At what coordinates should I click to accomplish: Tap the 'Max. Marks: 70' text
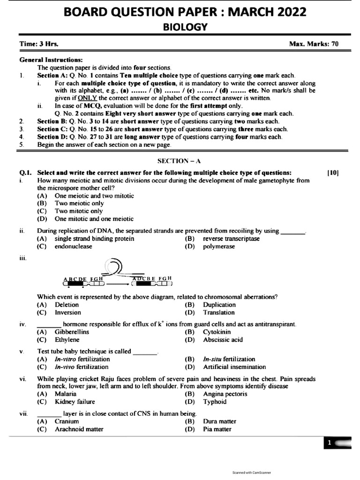pyautogui.click(x=314, y=44)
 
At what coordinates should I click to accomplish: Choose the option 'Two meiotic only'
pyautogui.click(x=79, y=203)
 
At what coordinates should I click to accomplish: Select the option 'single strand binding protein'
pyautogui.click(x=94, y=239)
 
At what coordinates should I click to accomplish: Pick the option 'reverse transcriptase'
pyautogui.click(x=231, y=239)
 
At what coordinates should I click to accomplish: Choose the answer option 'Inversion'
pyautogui.click(x=68, y=312)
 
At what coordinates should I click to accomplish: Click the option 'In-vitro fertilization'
pyautogui.click(x=82, y=359)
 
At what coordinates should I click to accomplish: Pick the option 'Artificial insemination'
pyautogui.click(x=234, y=367)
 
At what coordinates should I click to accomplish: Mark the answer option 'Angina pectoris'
pyautogui.click(x=225, y=394)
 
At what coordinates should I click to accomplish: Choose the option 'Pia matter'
pyautogui.click(x=217, y=429)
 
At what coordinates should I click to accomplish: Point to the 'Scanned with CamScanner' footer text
pyautogui.click(x=252, y=472)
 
